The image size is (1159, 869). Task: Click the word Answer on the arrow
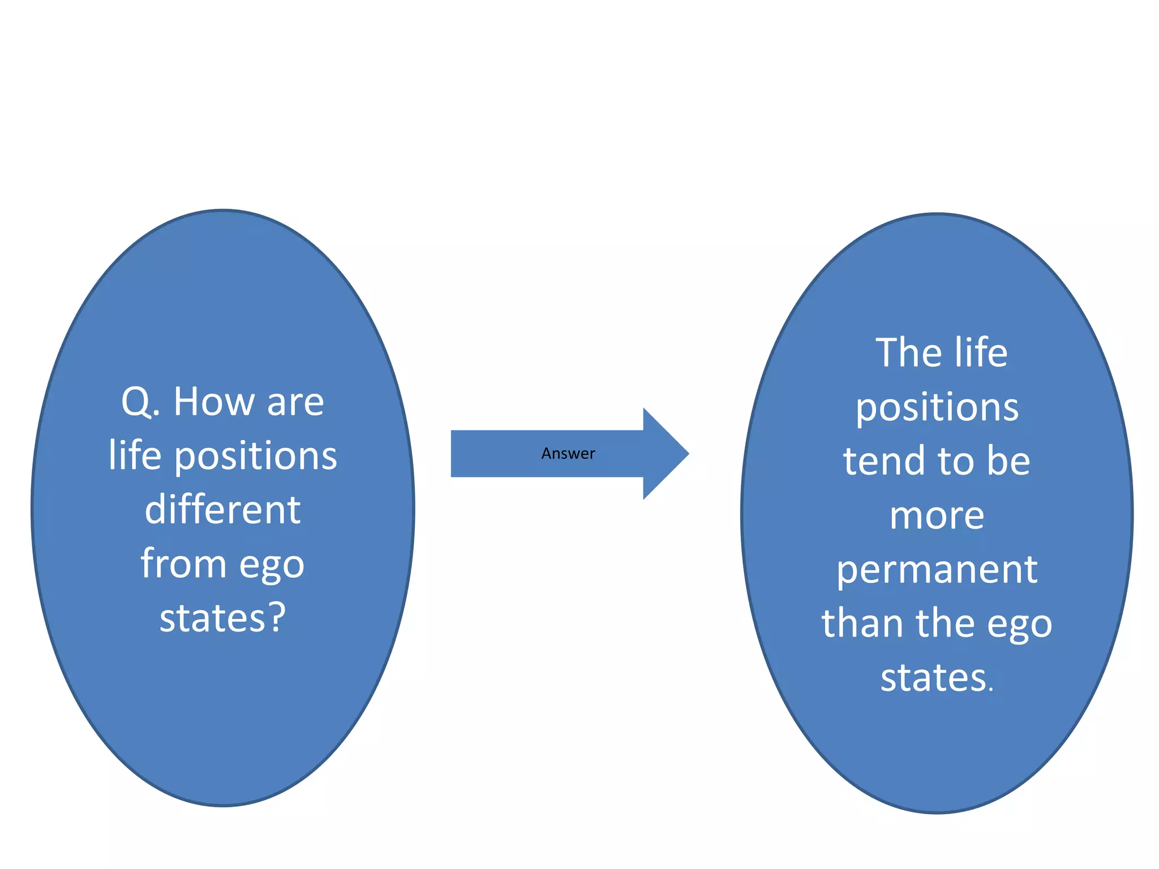[568, 454]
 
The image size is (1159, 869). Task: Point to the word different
[222, 510]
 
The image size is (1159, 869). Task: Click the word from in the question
[183, 564]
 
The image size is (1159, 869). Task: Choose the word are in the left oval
[295, 403]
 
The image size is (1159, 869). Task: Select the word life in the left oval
[135, 455]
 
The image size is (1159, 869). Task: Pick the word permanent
[937, 570]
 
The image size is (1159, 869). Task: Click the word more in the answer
[937, 517]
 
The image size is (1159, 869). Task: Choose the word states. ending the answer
[937, 678]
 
